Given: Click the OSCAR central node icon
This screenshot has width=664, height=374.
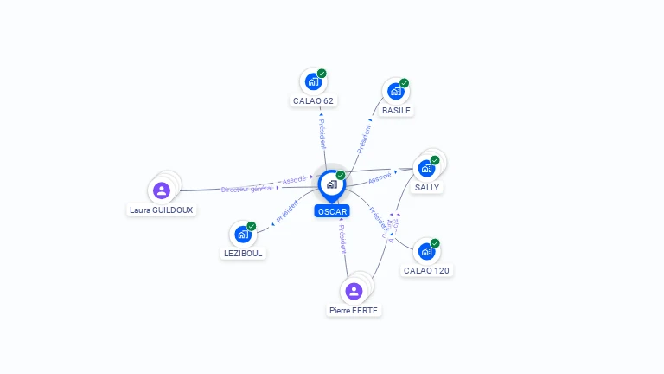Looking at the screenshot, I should click(331, 184).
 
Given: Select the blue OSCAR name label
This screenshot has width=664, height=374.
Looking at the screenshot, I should click(332, 211).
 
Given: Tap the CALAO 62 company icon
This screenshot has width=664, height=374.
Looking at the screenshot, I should click(312, 81).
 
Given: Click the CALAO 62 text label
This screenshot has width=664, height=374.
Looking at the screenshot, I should click(313, 100).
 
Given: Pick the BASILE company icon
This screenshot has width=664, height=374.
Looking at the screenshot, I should click(395, 91).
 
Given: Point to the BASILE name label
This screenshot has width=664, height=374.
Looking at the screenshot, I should click(397, 110).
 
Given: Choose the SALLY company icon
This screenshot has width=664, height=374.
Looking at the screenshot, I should click(426, 168).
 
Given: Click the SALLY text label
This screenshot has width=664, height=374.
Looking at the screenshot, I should click(427, 187).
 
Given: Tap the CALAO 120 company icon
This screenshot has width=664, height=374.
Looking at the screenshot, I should click(426, 252).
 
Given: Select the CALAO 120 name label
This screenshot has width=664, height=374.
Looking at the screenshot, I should click(426, 270).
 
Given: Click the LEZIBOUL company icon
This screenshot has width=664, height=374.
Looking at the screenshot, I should click(243, 234).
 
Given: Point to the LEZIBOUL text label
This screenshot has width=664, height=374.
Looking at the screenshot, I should click(243, 253).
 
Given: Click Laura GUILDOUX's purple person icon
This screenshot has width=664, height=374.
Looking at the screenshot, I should click(161, 190).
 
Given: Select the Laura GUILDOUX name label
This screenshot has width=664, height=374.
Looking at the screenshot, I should click(162, 210).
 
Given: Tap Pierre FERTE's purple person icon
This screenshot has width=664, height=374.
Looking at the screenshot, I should click(354, 291).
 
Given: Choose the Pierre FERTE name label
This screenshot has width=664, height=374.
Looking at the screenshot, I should click(354, 310).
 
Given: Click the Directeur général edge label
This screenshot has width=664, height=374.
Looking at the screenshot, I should click(246, 189).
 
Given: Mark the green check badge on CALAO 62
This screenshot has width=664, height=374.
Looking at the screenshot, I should click(322, 74).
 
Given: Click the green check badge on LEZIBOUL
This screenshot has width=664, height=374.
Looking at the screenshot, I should click(252, 226).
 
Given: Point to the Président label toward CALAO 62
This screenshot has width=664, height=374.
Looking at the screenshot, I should click(321, 134).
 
